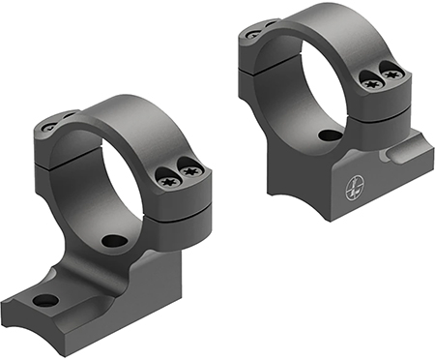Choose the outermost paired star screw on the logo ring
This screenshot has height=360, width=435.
tap(392, 70)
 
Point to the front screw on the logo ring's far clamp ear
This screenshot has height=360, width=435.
tap(253, 34)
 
